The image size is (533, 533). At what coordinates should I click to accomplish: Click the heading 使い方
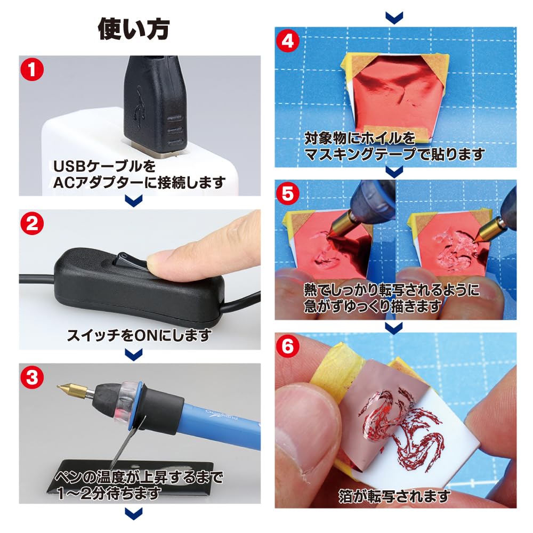[133, 29]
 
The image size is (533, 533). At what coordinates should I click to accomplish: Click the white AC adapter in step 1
[80, 144]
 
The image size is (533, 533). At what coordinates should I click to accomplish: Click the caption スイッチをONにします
[139, 336]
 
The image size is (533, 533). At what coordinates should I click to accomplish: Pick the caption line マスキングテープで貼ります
[394, 155]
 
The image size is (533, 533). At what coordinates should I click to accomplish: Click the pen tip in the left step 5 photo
[336, 234]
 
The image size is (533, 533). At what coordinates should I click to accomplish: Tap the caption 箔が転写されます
[394, 497]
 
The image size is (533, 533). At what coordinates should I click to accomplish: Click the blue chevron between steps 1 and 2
[133, 200]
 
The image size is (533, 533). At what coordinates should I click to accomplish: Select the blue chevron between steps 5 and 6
[394, 326]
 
